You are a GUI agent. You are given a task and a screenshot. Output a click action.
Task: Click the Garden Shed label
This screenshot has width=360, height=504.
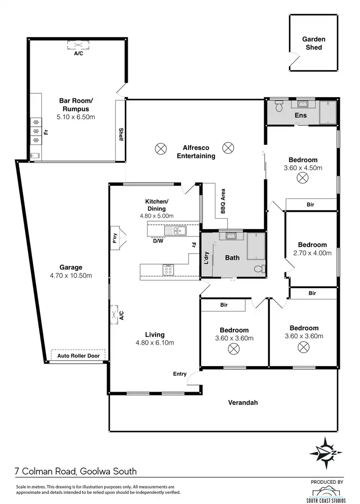[x=314, y=43]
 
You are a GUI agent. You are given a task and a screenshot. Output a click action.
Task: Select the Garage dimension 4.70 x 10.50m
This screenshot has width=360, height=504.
[x=71, y=275]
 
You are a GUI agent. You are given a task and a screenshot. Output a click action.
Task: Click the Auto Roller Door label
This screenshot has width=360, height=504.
[x=78, y=356]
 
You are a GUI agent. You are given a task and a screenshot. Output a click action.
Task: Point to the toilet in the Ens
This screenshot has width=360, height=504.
[x=278, y=104]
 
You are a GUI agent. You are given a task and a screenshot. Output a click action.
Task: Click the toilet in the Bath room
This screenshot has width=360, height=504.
[x=259, y=269]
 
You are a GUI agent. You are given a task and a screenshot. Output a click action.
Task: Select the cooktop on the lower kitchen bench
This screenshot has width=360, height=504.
[x=168, y=270]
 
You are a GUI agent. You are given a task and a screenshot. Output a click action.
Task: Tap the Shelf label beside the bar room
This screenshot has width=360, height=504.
[x=121, y=135]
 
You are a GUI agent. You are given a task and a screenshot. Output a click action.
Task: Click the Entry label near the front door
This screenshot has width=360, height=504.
[x=180, y=373]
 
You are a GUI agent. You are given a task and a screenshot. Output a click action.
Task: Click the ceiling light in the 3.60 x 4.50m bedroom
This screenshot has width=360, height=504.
[x=302, y=178]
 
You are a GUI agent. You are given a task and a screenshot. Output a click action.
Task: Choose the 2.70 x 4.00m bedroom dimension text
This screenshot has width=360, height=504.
[x=312, y=253]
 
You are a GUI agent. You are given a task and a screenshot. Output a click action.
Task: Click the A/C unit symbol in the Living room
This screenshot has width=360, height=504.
[x=114, y=315]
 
